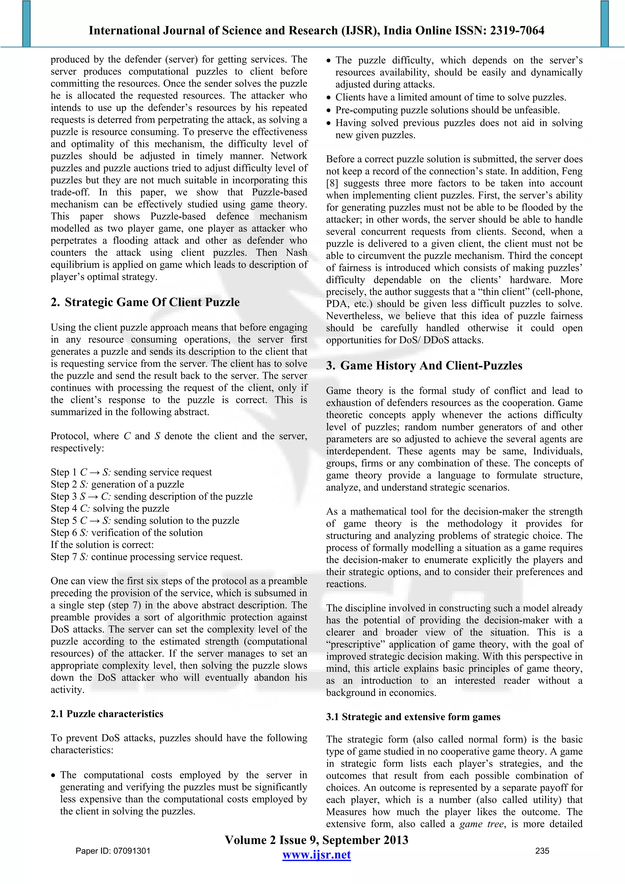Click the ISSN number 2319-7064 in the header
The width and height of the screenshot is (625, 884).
pos(517,31)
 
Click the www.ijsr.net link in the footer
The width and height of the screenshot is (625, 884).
pos(316,854)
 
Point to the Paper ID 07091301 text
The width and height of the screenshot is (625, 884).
pos(113,850)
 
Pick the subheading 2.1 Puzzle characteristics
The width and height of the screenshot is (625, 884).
pos(107,714)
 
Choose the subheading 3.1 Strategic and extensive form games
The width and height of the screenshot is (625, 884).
pos(413,716)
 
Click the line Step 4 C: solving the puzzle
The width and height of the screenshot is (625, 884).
pos(110,508)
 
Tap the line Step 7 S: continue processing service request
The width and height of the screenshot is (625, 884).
pos(146,557)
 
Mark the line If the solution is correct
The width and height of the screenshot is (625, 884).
pos(102,544)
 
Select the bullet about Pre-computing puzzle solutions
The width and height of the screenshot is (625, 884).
pos(447,110)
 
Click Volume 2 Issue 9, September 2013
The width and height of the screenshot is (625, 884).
pos(316,840)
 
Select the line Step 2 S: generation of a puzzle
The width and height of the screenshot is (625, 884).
pos(117,484)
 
